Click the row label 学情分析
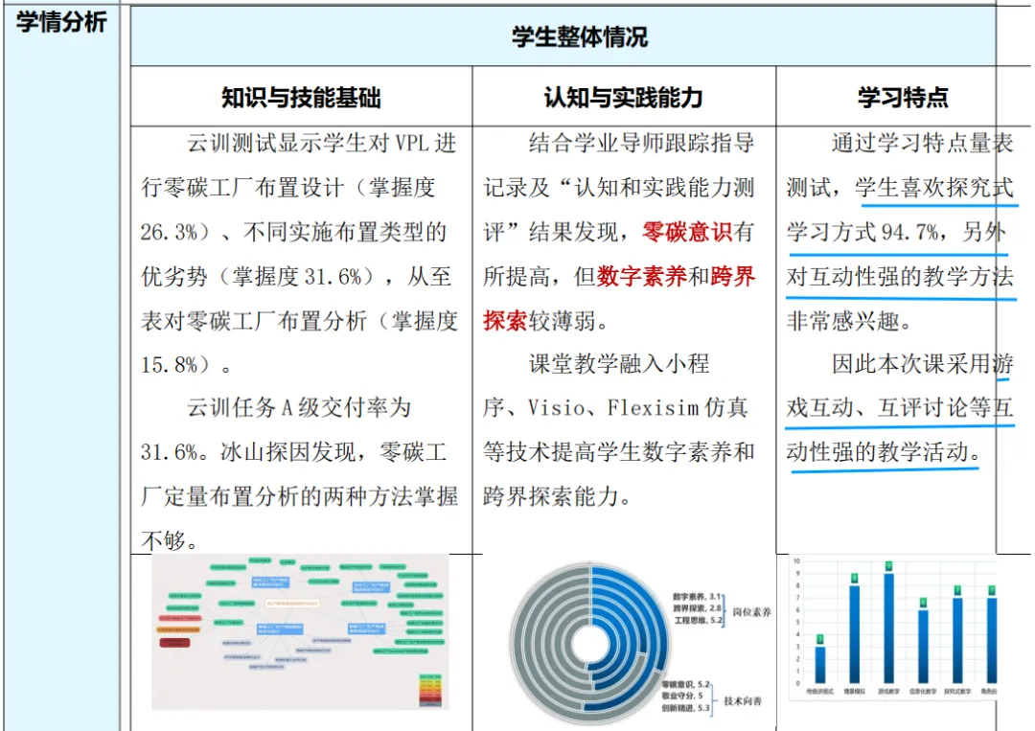tap(61, 22)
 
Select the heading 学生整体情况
tap(579, 37)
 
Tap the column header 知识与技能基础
tap(301, 97)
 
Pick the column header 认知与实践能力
tap(623, 97)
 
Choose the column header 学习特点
tap(902, 97)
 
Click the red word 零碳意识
tap(687, 232)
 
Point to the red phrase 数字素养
tap(641, 277)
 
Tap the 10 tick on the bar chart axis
tap(795, 560)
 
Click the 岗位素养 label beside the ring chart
tap(752, 611)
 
